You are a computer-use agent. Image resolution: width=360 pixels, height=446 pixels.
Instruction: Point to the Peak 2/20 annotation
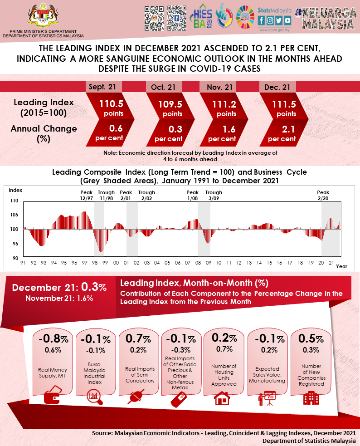tap(323, 195)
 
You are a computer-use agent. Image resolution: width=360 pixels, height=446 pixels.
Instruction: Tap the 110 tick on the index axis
tap(14, 201)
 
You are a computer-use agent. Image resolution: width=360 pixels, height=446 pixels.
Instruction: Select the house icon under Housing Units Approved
tap(222, 398)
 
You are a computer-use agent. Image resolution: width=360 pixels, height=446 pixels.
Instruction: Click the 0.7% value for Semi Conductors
tap(138, 339)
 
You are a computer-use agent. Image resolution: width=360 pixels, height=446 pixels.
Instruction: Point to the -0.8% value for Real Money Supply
tap(53, 339)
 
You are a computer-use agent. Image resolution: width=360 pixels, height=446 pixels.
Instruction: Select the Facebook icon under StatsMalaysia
tap(262, 20)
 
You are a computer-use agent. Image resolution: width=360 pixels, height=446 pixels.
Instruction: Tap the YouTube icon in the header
tap(287, 20)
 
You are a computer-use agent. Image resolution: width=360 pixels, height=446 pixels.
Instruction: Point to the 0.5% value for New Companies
tap(311, 339)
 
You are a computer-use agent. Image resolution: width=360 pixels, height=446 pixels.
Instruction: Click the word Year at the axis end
tap(341, 266)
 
